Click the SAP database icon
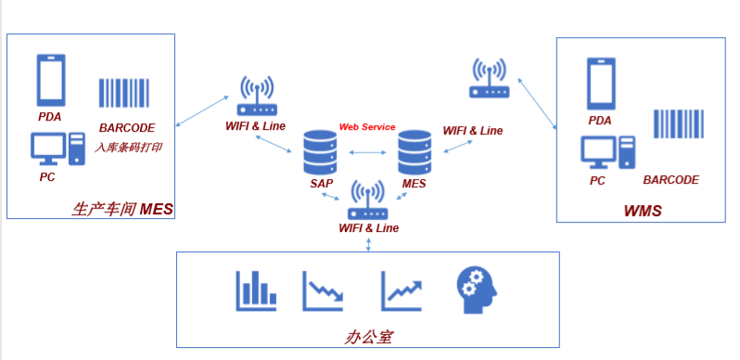pyautogui.click(x=320, y=151)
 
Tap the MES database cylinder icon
pyautogui.click(x=415, y=151)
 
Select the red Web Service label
pyautogui.click(x=367, y=126)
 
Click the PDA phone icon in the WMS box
pyautogui.click(x=601, y=84)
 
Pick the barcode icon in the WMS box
pyautogui.click(x=678, y=123)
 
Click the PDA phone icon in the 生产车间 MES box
pyautogui.click(x=51, y=80)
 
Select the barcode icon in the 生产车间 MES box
pyautogui.click(x=123, y=93)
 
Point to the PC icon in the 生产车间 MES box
pyautogui.click(x=57, y=148)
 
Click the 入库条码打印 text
pyautogui.click(x=128, y=148)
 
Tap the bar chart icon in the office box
pyautogui.click(x=256, y=290)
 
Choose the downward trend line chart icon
pyautogui.click(x=324, y=290)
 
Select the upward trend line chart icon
pyautogui.click(x=402, y=290)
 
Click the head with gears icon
pyautogui.click(x=477, y=291)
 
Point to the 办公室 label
pyautogui.click(x=368, y=338)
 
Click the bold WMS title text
pyautogui.click(x=643, y=211)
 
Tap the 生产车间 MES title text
pyautogui.click(x=122, y=209)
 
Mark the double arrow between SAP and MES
pyautogui.click(x=367, y=152)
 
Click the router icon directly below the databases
pyautogui.click(x=367, y=200)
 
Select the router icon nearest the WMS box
pyautogui.click(x=490, y=78)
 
